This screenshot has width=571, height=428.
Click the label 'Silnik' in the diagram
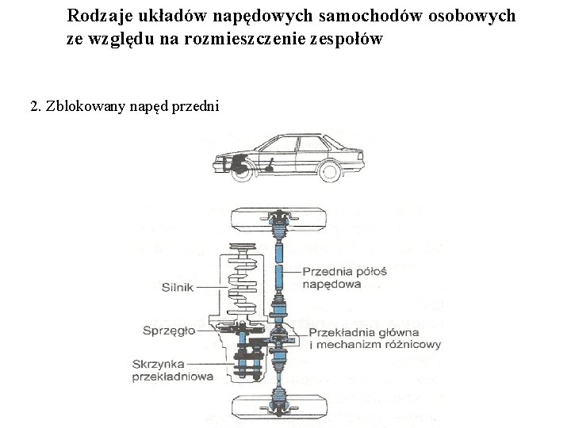click(178, 288)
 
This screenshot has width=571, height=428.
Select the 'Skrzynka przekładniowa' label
click(173, 370)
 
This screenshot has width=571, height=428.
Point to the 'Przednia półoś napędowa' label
click(343, 277)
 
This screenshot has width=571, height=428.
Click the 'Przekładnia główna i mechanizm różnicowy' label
click(374, 338)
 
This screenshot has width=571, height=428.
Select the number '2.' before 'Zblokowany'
click(35, 106)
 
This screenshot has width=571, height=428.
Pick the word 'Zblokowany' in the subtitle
click(85, 106)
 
